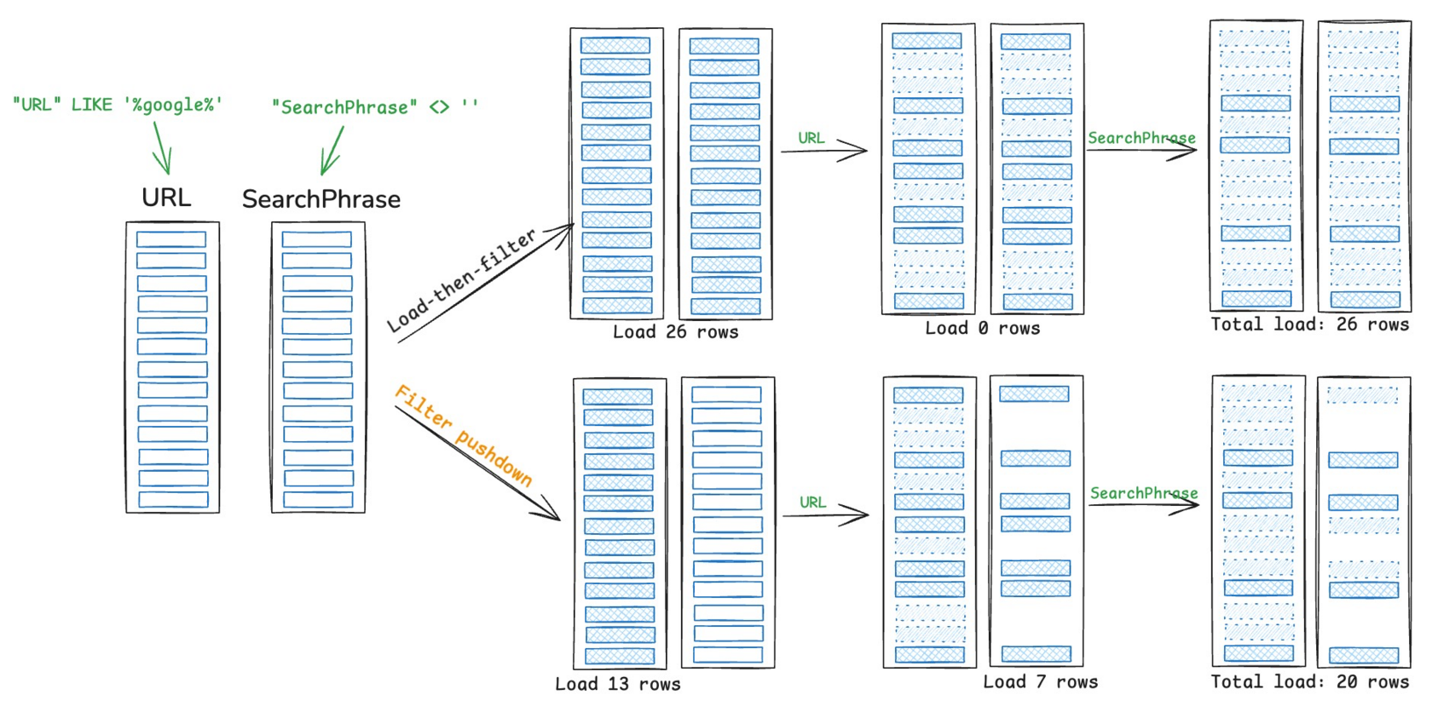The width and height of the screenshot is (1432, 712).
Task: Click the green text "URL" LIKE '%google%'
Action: [x=118, y=105]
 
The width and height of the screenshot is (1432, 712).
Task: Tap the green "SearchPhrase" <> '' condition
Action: [x=375, y=106]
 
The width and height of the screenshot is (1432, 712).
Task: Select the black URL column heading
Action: [x=166, y=198]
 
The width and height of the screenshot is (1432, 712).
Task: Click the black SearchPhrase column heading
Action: [x=320, y=199]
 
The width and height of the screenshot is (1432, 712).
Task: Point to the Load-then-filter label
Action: [x=462, y=280]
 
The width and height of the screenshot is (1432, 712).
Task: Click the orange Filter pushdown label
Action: [x=464, y=435]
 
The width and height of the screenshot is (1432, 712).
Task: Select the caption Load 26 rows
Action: [x=676, y=332]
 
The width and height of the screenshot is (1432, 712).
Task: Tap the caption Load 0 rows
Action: [x=983, y=328]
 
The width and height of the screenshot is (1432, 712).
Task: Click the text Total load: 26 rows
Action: [x=1310, y=324]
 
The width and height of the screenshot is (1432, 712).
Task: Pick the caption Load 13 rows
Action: [x=617, y=684]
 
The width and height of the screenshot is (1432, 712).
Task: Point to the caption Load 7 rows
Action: [x=1040, y=682]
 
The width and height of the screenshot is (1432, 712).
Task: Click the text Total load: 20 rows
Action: [x=1310, y=681]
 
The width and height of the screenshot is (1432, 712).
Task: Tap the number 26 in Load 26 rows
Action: [x=676, y=332]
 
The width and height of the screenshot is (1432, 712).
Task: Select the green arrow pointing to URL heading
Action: [x=163, y=147]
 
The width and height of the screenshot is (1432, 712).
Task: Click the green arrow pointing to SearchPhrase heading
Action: [x=332, y=151]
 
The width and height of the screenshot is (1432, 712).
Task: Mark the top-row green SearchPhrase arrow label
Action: [x=1141, y=138]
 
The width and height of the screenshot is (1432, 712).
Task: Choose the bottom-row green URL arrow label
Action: [x=812, y=502]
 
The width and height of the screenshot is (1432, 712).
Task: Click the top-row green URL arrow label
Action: [x=811, y=138]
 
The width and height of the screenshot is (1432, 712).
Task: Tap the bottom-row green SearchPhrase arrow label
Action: [x=1144, y=493]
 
